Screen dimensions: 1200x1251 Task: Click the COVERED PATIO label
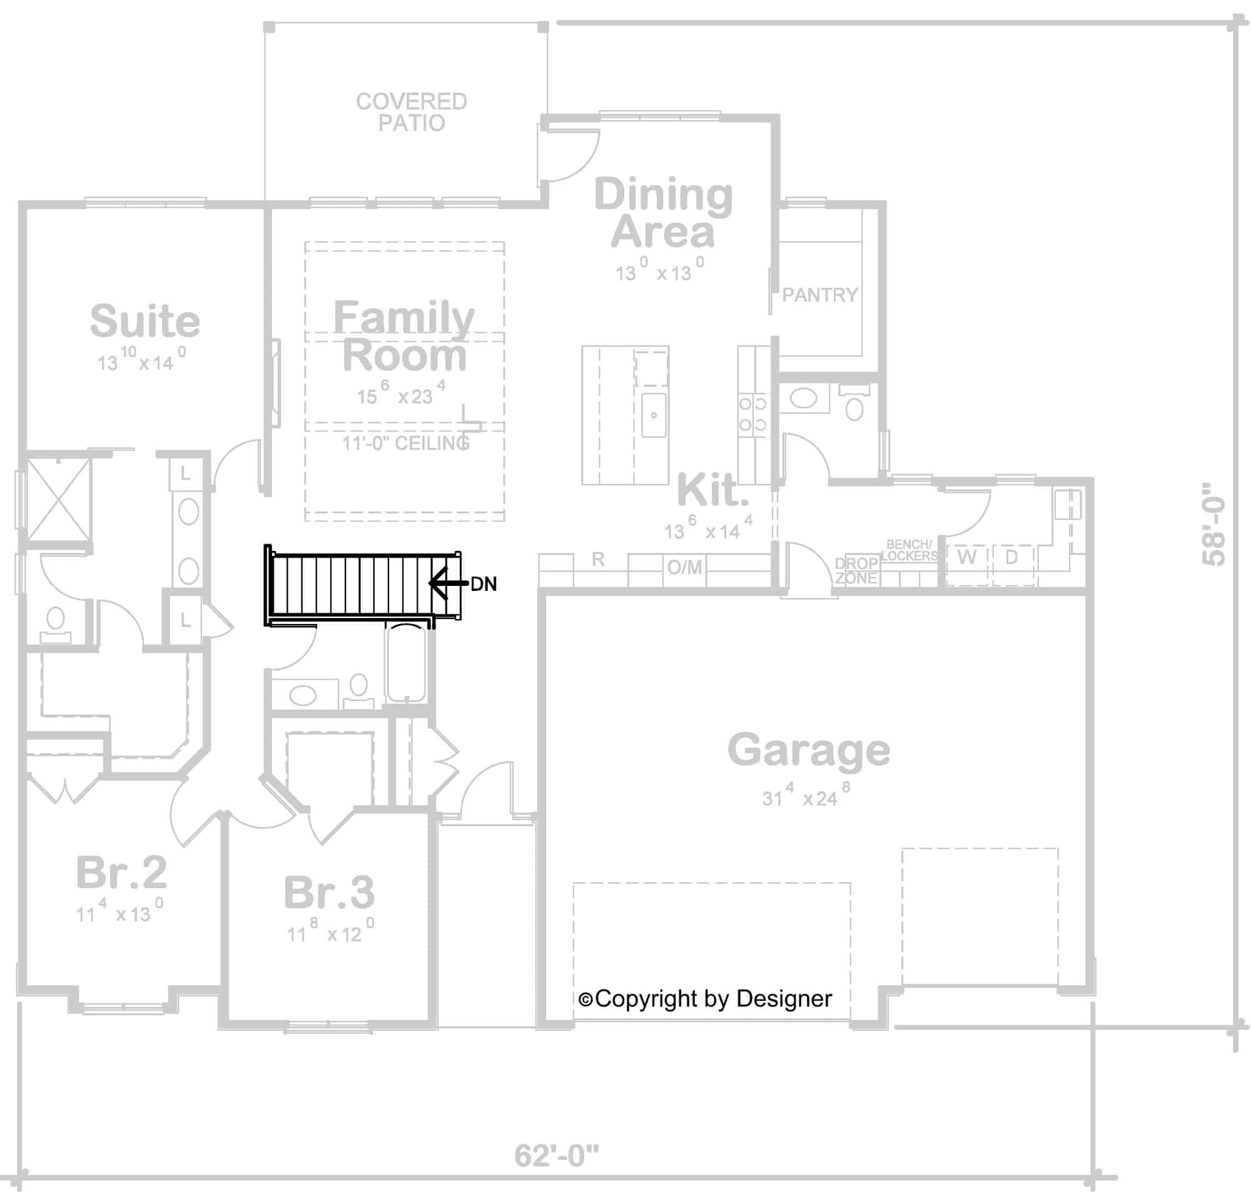click(x=411, y=112)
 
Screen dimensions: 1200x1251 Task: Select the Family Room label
click(x=404, y=336)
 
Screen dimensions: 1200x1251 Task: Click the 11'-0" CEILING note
click(x=406, y=443)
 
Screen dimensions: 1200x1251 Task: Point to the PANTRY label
click(x=819, y=295)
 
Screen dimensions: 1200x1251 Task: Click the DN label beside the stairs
click(x=483, y=583)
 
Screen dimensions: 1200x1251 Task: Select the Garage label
click(x=808, y=750)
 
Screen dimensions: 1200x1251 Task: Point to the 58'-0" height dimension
click(x=1213, y=524)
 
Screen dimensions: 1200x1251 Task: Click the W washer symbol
click(x=966, y=557)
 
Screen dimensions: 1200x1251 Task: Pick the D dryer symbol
click(x=1011, y=557)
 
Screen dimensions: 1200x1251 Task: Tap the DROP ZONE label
click(x=856, y=570)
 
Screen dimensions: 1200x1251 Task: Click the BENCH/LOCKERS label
click(x=909, y=550)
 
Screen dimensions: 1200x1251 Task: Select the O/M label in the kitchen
click(x=684, y=567)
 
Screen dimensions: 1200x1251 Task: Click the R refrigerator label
click(x=597, y=560)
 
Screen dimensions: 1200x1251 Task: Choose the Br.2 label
click(x=121, y=873)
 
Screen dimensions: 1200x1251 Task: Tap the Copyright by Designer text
click(x=705, y=999)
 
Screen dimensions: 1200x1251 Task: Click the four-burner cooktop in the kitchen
click(x=752, y=414)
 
